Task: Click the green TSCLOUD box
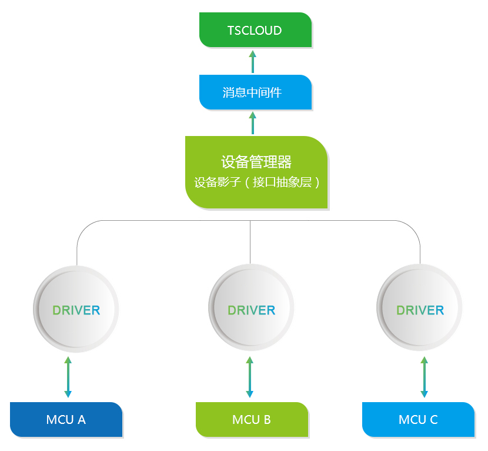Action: (255, 30)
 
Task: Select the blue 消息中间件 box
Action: (255, 92)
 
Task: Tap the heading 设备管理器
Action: (256, 162)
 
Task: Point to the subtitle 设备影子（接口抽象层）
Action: (256, 183)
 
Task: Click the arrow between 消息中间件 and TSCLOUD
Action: (253, 61)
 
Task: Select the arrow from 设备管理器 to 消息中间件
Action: (253, 123)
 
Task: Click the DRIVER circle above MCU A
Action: (76, 309)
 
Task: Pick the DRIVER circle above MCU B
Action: (251, 309)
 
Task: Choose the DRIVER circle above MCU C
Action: (420, 309)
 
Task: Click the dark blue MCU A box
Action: (66, 419)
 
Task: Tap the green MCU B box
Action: (252, 419)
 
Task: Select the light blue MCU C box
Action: (418, 419)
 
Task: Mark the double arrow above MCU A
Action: (68, 377)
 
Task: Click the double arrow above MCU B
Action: (249, 377)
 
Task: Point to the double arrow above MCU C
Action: (425, 377)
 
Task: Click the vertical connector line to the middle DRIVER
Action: (251, 241)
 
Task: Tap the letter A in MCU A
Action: (81, 420)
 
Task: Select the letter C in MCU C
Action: (433, 420)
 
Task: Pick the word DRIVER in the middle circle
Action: (251, 310)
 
